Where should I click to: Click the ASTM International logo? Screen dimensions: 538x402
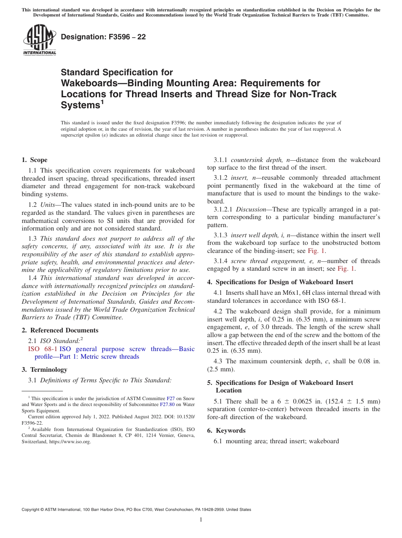click(39, 40)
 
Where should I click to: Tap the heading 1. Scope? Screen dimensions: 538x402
click(35, 160)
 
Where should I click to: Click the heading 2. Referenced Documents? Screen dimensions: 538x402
click(60, 330)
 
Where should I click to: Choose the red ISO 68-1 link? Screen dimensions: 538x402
click(43, 349)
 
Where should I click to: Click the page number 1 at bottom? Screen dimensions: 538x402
click(201, 520)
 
